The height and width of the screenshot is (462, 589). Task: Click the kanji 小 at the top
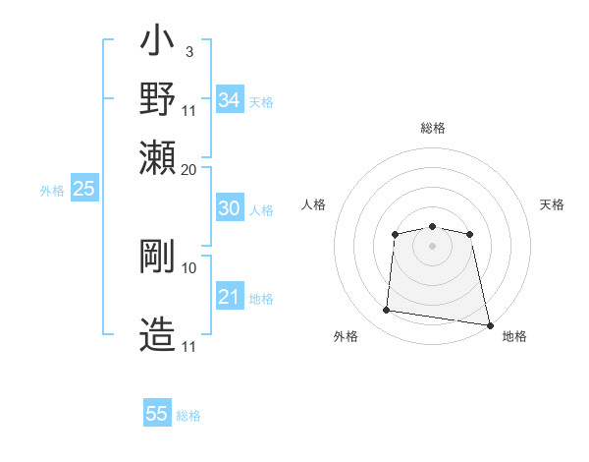(x=158, y=44)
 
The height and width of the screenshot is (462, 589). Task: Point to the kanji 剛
(x=158, y=256)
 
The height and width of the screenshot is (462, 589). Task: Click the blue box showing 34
(x=230, y=100)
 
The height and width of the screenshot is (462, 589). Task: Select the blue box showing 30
(x=229, y=208)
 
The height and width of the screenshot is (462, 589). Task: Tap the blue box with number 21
(x=229, y=297)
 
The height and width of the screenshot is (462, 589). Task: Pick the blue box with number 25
(x=83, y=190)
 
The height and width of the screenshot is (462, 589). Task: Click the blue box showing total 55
(x=157, y=414)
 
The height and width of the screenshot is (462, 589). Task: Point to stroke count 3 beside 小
(x=188, y=51)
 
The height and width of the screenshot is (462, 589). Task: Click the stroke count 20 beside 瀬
(x=188, y=169)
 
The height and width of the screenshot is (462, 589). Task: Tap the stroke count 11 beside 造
(x=189, y=347)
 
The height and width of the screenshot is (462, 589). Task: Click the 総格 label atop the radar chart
(x=432, y=128)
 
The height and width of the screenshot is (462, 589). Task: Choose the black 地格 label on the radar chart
(x=514, y=336)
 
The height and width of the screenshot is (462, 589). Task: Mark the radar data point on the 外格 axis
(x=386, y=311)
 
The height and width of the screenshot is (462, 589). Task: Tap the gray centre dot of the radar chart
(x=432, y=245)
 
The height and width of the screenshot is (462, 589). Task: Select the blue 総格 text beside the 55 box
(x=188, y=416)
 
